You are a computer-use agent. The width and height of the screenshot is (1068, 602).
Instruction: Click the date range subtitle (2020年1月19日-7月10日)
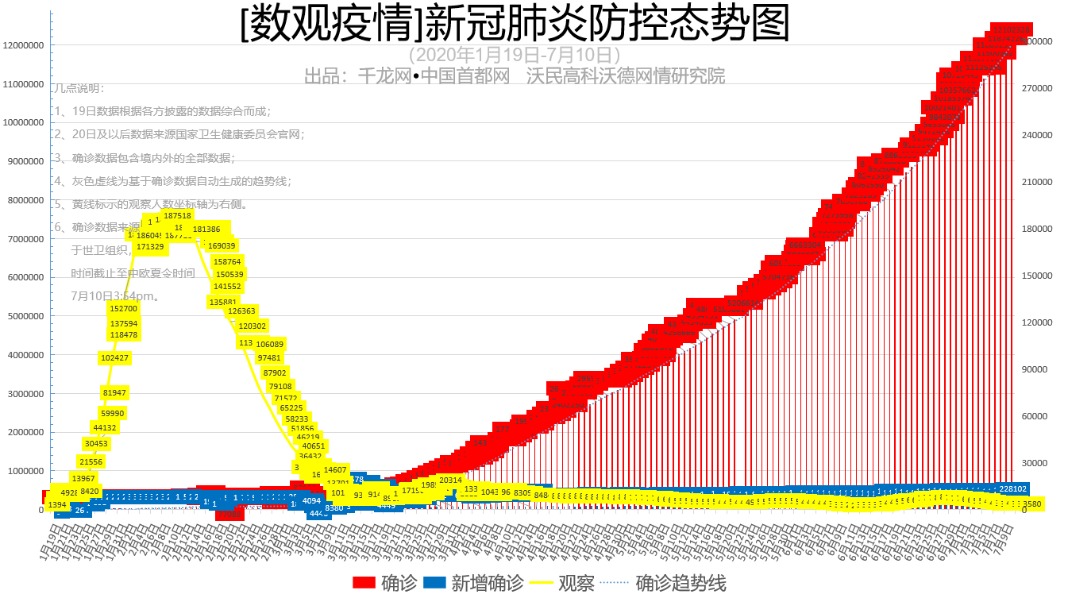[514, 55]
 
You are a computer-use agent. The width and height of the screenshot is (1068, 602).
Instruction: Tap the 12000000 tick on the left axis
[23, 45]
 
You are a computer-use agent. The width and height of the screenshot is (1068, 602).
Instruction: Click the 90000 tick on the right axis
[1035, 369]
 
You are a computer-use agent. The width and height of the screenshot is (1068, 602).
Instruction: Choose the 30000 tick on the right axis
[1035, 463]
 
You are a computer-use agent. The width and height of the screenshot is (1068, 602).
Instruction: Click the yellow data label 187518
[177, 215]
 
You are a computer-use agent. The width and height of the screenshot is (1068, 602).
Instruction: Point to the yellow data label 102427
[114, 358]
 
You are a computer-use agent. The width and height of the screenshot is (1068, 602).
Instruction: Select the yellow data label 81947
[114, 392]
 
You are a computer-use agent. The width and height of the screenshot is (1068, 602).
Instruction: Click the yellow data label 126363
[241, 311]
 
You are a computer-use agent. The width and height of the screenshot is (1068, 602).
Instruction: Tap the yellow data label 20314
[450, 480]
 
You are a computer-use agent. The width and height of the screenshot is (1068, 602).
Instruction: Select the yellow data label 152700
[124, 308]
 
